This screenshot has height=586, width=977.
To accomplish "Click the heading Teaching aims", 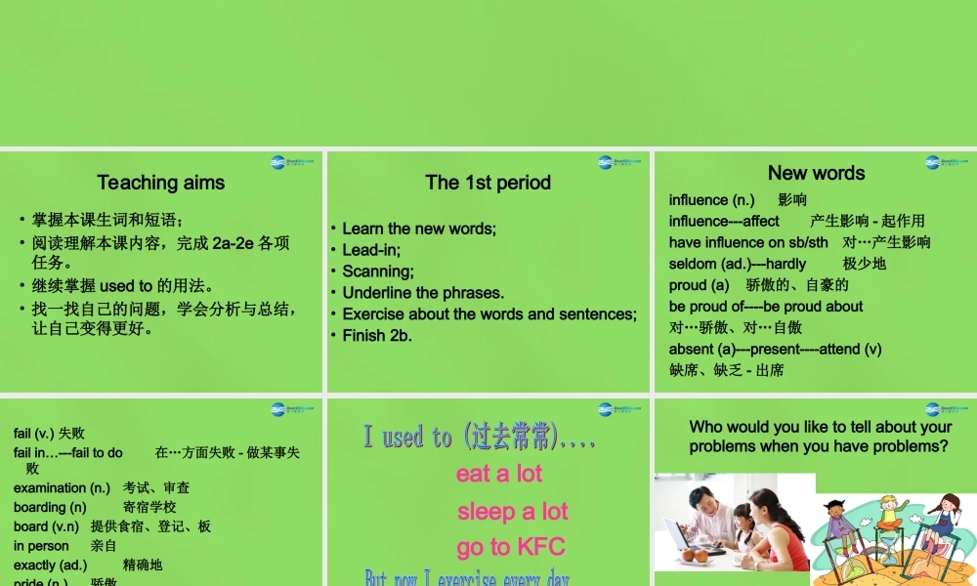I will [x=161, y=183].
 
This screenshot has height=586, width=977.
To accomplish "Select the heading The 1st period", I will [x=488, y=183].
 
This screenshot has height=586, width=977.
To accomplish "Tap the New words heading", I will [x=816, y=173].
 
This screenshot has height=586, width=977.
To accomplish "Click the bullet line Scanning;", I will [x=378, y=272].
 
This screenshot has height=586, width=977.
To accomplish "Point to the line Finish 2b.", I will [x=377, y=336].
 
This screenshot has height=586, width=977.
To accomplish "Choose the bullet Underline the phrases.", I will [x=423, y=293].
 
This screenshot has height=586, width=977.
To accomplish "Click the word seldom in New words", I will [x=692, y=264].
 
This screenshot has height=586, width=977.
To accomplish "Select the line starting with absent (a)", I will [x=775, y=349].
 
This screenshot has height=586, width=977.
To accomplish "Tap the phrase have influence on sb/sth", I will [x=747, y=242].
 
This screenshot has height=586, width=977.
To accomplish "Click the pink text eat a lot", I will [x=498, y=475].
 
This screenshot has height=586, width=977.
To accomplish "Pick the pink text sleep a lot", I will [x=512, y=512].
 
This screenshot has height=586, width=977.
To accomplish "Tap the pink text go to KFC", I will [x=511, y=547].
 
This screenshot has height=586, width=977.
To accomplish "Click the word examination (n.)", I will [x=62, y=488].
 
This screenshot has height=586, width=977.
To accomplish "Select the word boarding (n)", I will [x=50, y=508].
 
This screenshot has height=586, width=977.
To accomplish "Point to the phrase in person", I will [x=41, y=546].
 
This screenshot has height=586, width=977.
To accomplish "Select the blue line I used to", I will [x=479, y=438].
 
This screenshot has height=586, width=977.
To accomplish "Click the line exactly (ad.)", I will [x=50, y=565].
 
